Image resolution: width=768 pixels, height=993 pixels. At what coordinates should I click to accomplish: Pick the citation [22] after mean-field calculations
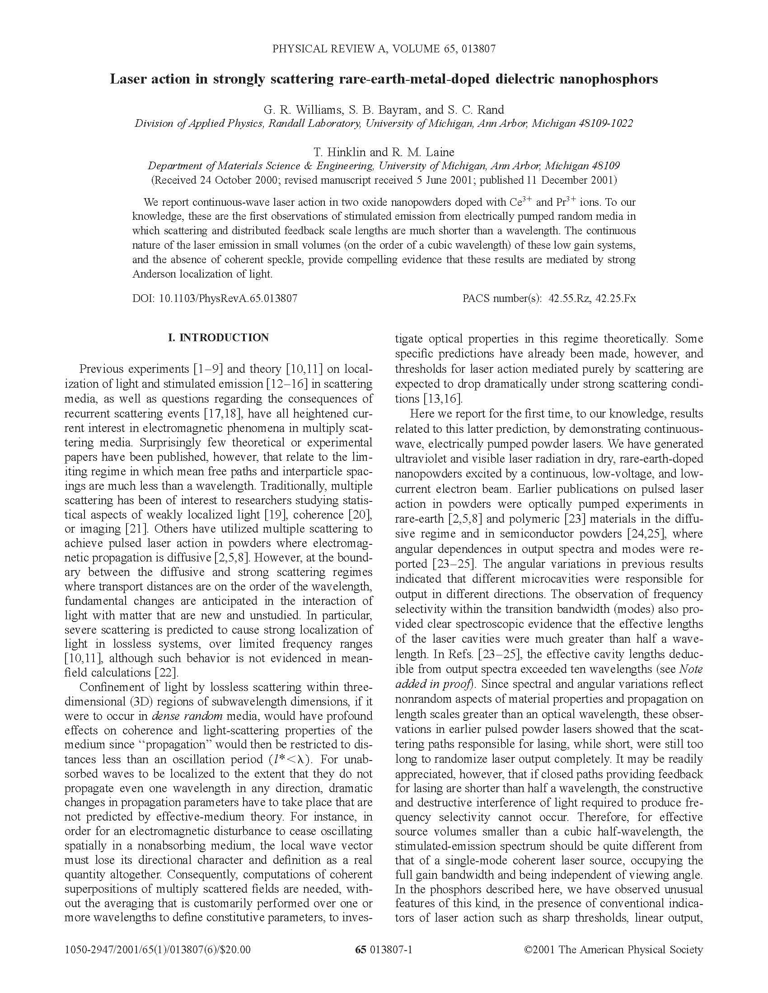pos(167,672)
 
